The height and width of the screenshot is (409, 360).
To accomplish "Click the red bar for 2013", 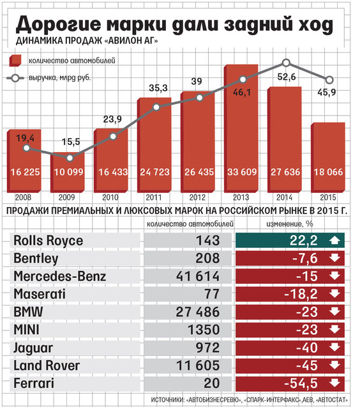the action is coord(241,128).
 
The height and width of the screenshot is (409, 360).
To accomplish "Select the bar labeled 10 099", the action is coord(68,172).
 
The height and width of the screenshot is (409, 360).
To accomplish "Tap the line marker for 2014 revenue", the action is coord(286,63).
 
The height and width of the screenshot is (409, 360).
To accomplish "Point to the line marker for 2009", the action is coord(70,158).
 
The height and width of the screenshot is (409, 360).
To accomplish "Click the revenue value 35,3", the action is coord(158,88).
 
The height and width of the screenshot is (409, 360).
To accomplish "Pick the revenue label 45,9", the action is coord(327,92).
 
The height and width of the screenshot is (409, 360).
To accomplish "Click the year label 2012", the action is coord(197,197).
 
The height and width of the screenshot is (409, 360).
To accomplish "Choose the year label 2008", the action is coord(23,197).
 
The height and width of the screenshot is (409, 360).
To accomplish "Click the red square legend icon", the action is coord(15,61).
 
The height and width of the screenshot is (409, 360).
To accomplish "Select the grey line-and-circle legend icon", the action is coord(15,78).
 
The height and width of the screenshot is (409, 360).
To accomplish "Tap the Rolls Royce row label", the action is coord(48,240).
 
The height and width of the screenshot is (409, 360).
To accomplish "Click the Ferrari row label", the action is coord(34,383).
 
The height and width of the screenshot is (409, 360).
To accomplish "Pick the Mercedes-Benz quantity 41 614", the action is coord(198,276).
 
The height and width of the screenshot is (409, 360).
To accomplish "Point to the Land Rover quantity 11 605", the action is coord(198,365).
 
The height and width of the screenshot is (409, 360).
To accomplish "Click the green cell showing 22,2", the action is coord(290,240).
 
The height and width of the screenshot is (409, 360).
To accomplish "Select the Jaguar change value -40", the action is coord(307,348).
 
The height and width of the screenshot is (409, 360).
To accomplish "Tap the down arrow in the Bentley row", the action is coord(334,258).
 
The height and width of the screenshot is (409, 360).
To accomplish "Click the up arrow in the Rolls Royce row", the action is coord(334,240).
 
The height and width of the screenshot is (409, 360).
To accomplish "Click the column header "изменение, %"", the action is coord(289,224).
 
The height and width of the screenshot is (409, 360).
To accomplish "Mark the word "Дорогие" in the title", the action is coord(58,24).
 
